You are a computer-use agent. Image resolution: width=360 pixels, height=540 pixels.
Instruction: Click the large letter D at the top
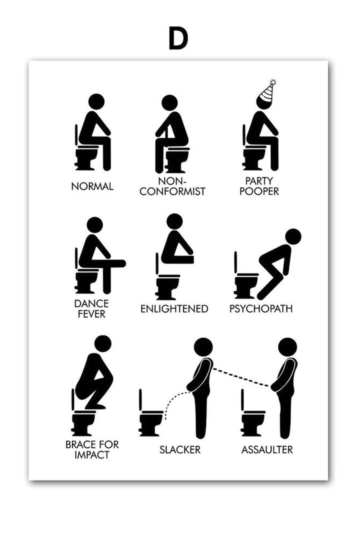178,38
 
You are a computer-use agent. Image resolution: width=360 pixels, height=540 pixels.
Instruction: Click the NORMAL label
92,186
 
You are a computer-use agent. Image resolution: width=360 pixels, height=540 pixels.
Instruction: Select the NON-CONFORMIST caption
172,186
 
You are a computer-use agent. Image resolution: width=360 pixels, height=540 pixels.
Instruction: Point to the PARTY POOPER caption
259,186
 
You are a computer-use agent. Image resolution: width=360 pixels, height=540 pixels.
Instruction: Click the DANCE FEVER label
91,308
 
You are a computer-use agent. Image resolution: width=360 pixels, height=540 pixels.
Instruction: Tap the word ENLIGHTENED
174,308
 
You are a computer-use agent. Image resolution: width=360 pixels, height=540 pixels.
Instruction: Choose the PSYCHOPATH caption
261,308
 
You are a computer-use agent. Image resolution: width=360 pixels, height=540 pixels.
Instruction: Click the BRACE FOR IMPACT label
92,449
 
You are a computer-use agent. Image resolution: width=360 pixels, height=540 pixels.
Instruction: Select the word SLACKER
180,449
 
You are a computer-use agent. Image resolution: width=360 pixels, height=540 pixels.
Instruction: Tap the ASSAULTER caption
267,449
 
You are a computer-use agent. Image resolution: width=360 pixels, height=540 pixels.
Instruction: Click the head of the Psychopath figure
293,237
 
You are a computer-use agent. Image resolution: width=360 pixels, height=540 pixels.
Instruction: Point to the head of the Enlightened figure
174,222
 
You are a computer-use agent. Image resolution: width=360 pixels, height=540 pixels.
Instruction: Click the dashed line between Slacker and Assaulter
241,377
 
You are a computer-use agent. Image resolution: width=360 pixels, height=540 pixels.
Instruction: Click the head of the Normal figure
96,102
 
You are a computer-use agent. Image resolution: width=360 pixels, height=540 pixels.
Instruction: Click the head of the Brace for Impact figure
102,344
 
